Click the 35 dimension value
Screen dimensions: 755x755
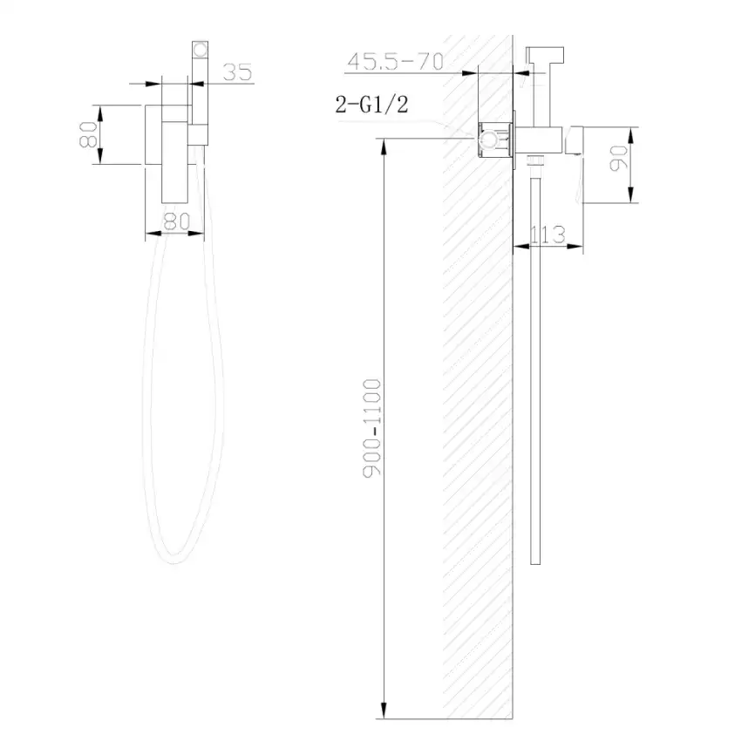coord(237,73)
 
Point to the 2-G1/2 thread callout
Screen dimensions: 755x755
coord(372,105)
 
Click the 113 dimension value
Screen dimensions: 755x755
coord(547,234)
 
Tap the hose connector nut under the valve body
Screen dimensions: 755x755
coord(535,161)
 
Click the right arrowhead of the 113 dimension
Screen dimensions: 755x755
coord(580,247)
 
